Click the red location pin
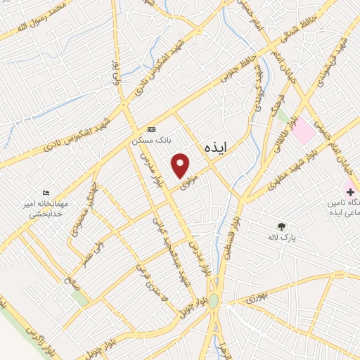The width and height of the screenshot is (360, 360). (181, 165)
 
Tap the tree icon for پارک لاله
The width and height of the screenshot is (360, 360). (281, 226)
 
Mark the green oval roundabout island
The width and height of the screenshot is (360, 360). (213, 302)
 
